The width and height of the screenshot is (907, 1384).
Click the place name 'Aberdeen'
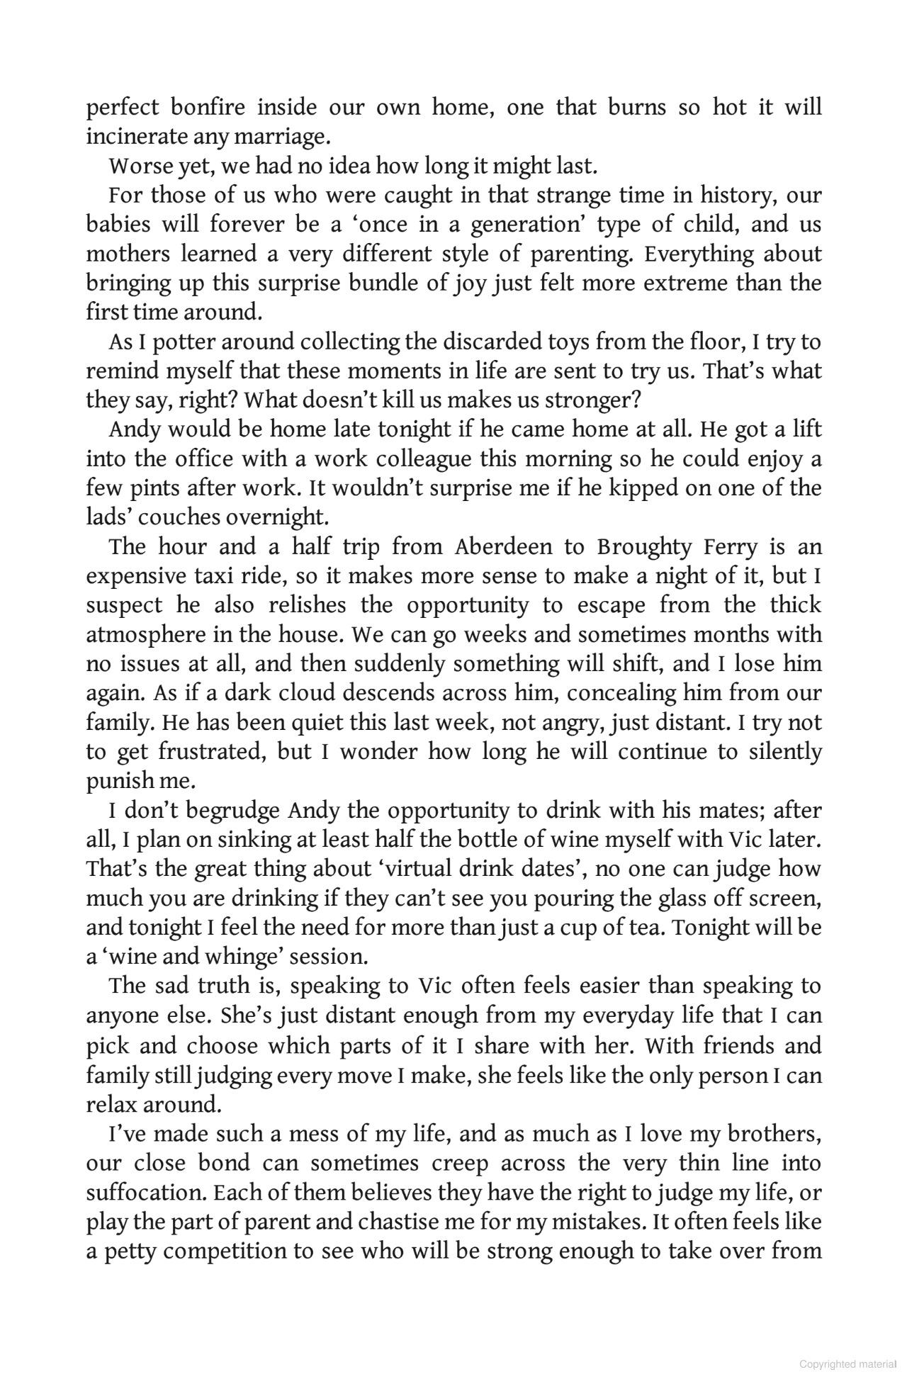pos(502,547)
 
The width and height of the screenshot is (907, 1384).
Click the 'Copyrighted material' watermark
pos(847,1364)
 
